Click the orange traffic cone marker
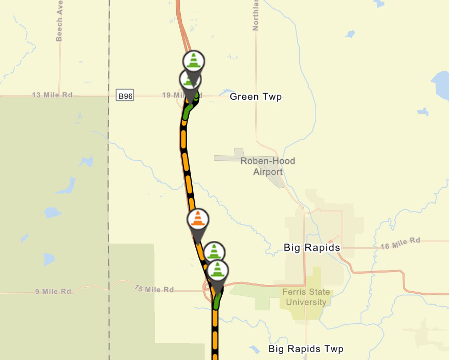[197, 219]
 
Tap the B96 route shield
[125, 96]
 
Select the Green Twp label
[256, 97]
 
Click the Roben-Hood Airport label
[268, 166]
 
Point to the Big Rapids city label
[312, 248]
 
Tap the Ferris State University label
[306, 297]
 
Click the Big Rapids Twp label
[306, 349]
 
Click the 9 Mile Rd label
[53, 292]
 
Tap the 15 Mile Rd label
[154, 289]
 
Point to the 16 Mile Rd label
[400, 243]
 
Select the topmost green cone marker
[194, 61]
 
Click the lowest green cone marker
[218, 271]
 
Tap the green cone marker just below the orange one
[214, 252]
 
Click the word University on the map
[306, 302]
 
